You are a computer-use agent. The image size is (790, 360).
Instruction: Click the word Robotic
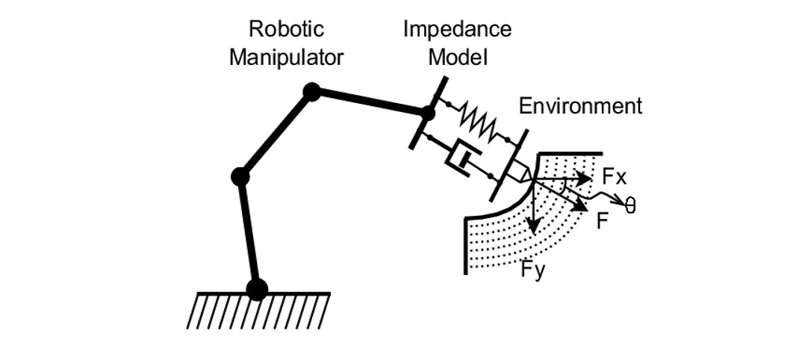287,29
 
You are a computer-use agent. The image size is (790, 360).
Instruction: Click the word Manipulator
287,58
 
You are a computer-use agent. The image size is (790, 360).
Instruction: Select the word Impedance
457,29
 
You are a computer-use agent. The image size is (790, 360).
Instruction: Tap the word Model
457,58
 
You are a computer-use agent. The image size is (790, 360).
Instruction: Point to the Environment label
580,106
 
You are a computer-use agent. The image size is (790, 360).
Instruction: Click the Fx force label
614,178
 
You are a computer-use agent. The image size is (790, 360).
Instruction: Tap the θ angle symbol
630,205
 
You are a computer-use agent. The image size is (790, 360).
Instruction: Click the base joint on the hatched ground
257,289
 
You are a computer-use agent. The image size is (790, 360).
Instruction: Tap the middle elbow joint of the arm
240,177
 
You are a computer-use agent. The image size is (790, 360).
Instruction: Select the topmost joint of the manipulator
312,92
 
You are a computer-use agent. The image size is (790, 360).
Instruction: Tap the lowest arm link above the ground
248,233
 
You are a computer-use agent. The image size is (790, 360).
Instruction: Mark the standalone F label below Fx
601,221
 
